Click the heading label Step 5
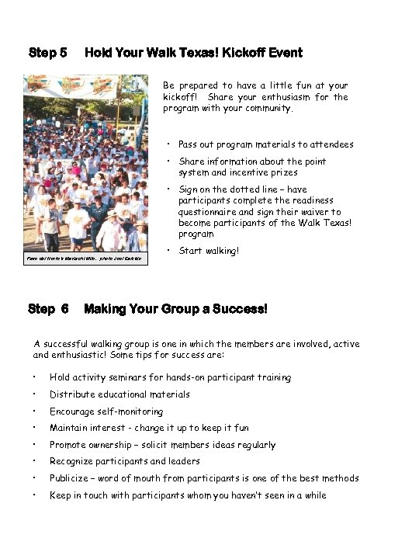pos(47,53)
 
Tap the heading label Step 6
pos(47,309)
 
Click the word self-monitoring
pos(130,411)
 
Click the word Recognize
pos(71,462)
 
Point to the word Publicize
pos(70,478)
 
